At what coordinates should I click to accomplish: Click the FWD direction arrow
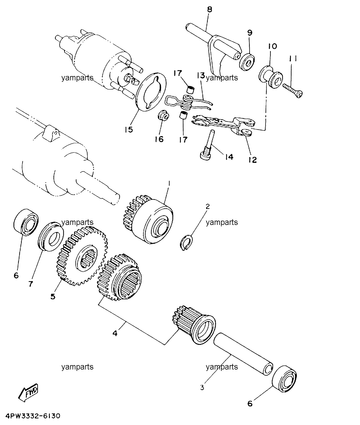click(x=28, y=392)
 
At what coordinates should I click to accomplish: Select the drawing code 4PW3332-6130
click(x=33, y=416)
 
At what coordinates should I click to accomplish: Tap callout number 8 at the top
click(x=209, y=10)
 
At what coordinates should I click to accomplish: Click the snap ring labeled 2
click(x=187, y=242)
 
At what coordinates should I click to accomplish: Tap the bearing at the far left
click(x=26, y=222)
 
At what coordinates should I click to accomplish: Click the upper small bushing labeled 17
click(x=191, y=90)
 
